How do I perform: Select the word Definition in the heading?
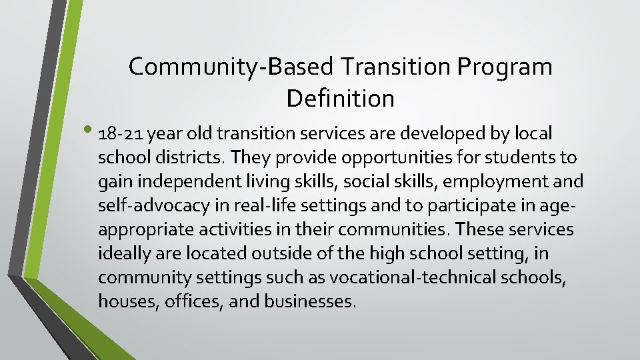(x=341, y=99)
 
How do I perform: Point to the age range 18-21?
(x=121, y=134)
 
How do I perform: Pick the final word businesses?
(x=310, y=302)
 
